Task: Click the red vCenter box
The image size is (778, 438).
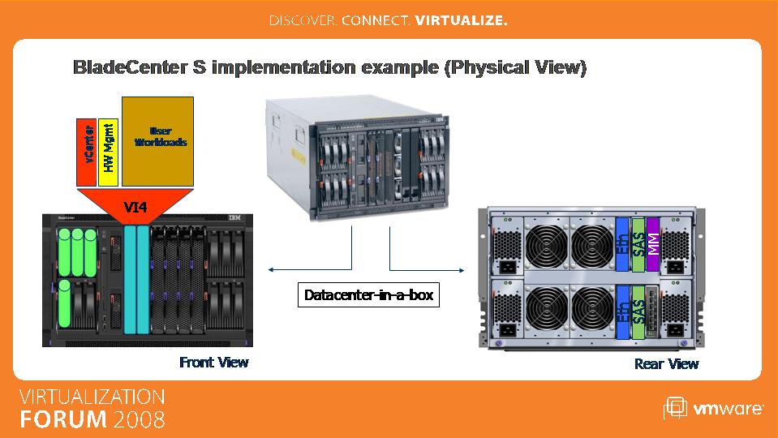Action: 86,152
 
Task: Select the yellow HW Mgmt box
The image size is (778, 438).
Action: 108,152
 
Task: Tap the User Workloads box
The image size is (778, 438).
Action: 157,141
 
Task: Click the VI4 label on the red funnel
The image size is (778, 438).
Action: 135,207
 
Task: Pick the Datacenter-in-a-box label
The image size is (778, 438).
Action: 368,294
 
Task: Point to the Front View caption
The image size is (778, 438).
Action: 214,362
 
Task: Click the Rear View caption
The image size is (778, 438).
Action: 666,364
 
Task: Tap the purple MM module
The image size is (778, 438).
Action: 653,244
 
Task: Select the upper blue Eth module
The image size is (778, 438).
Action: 622,244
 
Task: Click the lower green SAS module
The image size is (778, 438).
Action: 638,312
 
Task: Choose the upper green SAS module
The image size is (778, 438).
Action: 638,244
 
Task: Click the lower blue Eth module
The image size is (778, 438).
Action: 622,312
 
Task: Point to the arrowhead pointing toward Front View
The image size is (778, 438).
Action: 271,270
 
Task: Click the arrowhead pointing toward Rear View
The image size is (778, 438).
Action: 462,270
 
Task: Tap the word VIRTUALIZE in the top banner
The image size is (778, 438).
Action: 461,20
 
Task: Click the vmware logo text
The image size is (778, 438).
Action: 728,409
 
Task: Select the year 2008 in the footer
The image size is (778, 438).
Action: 140,419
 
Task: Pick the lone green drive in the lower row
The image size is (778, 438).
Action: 65,303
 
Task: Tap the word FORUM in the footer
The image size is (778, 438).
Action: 63,419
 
